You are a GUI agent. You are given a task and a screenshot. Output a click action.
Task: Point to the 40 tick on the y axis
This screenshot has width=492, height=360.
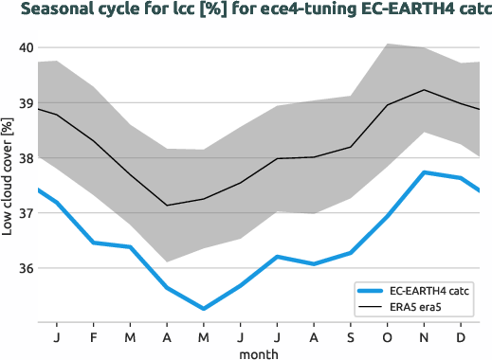pos(26,48)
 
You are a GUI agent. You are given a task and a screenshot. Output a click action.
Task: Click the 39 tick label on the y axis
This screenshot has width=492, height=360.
pos(26,103)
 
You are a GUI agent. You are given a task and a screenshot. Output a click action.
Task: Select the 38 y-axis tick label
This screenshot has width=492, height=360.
pos(26,158)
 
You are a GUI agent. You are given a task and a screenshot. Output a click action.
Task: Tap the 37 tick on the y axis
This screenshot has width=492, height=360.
pos(26,214)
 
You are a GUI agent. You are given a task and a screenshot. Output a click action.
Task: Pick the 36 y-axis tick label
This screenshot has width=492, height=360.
pos(26,269)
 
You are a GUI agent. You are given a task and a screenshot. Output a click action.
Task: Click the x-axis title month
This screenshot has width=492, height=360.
pos(258,352)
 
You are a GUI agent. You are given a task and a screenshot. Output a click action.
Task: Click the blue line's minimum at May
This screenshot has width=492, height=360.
pos(204,308)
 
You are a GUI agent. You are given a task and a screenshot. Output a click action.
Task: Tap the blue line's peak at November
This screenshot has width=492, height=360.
pos(425,172)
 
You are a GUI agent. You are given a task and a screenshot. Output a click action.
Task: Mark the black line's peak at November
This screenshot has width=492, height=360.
pos(425,90)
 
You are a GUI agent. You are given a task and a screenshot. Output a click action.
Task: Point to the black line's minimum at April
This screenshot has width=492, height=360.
pos(167,206)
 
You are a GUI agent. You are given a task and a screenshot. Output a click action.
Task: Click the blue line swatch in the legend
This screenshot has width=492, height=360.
pos(370,291)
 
